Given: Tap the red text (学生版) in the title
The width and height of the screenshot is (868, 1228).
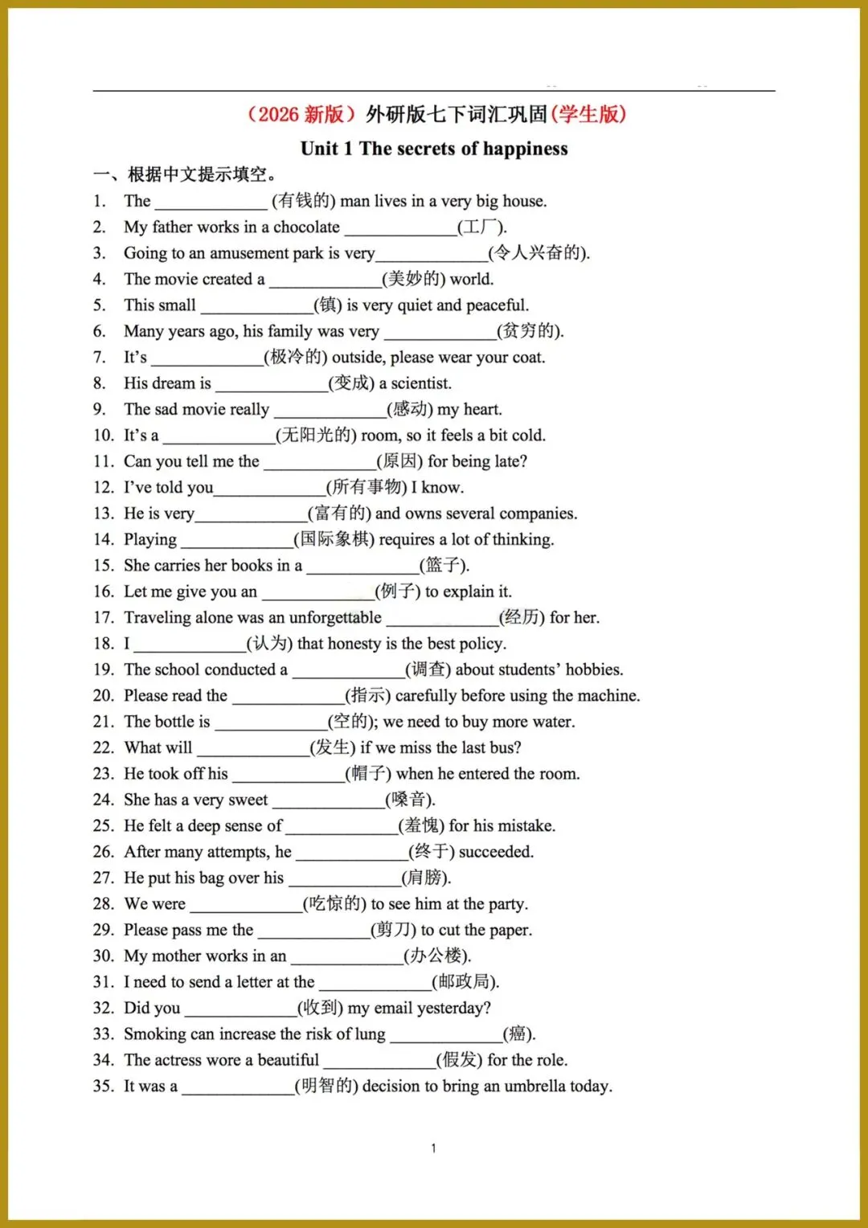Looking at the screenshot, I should click(589, 114).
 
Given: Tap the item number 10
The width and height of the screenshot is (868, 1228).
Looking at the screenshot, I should click(103, 436).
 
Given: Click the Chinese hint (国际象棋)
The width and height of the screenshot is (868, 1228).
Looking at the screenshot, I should click(334, 539).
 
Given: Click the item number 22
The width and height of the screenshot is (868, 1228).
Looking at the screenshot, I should click(103, 747).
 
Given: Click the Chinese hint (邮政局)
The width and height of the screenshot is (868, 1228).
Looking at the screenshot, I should click(465, 981).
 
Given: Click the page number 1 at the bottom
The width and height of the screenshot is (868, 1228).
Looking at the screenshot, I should click(433, 1148).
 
